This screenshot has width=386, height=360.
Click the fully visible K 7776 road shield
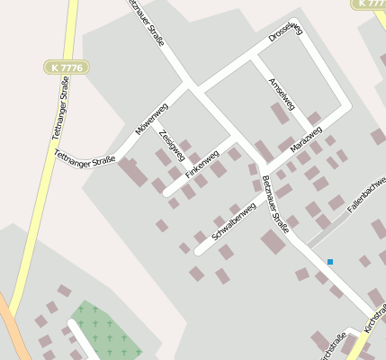[x=60, y=67]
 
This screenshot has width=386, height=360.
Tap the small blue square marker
[x=330, y=262]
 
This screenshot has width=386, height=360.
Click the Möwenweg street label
[x=152, y=119]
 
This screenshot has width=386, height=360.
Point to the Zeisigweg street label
[x=171, y=147]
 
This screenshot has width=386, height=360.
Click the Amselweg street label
[x=282, y=94]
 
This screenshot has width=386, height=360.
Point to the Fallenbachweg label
[x=368, y=194]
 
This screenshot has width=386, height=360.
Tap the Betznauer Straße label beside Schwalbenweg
[x=274, y=204]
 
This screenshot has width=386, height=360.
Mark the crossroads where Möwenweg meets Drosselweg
[x=192, y=87]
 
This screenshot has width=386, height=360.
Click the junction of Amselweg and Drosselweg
[x=254, y=56]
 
